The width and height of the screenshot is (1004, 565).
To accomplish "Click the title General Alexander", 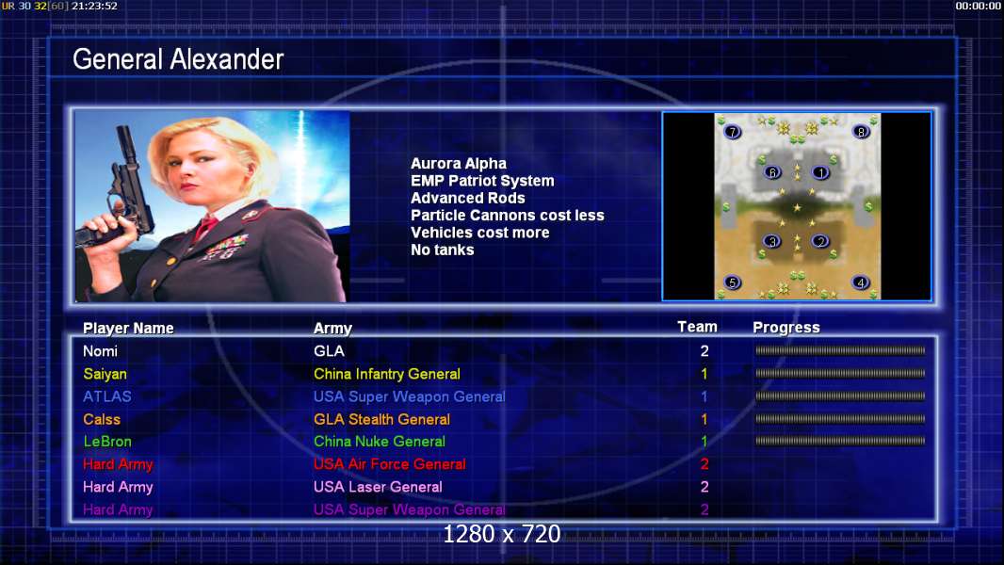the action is (x=178, y=59).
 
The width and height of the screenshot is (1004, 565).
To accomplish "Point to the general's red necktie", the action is (x=205, y=227).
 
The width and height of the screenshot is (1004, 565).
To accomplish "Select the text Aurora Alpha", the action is (x=459, y=164).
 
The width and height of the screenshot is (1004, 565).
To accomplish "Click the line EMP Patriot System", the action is (x=482, y=181).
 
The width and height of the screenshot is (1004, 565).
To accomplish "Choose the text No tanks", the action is (x=443, y=250).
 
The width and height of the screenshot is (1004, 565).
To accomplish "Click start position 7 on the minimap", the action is (x=732, y=132).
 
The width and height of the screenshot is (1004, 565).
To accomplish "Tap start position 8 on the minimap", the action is (x=861, y=132).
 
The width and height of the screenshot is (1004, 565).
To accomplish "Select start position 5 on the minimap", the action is (x=732, y=282).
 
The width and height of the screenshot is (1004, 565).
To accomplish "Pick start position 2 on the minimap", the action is (x=820, y=241).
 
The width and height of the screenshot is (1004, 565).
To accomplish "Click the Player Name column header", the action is (x=128, y=329).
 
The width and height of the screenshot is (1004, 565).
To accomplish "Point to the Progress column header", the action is (x=786, y=328).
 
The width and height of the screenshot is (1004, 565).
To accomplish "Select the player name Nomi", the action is (x=100, y=351).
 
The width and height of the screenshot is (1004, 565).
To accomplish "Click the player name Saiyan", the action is (x=105, y=374).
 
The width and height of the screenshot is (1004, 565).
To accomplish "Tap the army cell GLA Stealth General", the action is (x=381, y=420).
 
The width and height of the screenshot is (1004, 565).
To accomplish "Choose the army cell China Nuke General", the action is (x=379, y=442).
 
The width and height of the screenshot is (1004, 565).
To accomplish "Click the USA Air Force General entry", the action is (x=389, y=464).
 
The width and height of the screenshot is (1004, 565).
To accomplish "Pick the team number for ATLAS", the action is (x=704, y=396).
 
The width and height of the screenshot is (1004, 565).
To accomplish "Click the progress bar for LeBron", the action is (x=840, y=441).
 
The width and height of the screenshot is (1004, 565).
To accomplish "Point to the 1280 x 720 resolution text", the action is (x=501, y=534).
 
